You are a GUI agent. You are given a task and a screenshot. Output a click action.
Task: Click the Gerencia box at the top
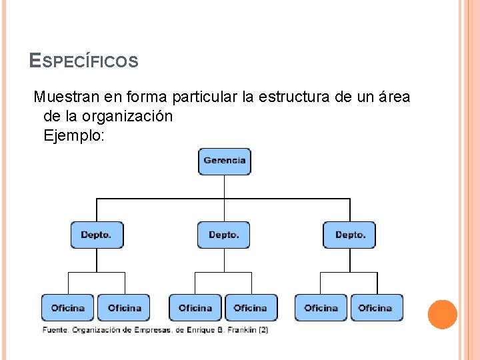click(225, 161)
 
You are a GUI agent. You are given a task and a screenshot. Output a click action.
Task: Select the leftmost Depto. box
click(97, 235)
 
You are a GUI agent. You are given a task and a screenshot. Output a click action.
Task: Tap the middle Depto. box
click(224, 235)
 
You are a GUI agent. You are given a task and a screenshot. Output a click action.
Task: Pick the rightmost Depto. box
click(350, 235)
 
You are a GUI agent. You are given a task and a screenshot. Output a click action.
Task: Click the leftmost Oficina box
click(68, 307)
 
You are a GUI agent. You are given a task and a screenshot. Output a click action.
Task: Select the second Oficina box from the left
click(124, 307)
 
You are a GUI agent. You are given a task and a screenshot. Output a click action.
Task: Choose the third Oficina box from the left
click(195, 307)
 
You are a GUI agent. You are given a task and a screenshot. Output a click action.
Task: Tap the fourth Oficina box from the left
click(251, 307)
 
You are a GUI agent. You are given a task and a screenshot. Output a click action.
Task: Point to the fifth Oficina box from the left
click(321, 307)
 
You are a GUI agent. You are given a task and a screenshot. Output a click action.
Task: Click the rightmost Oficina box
click(376, 307)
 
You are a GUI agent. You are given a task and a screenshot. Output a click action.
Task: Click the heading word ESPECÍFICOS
click(84, 62)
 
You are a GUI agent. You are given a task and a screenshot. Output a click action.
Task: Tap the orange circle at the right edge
click(442, 314)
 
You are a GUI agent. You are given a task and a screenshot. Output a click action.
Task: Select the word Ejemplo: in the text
click(74, 135)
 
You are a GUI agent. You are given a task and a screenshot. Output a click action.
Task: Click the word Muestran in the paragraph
click(65, 97)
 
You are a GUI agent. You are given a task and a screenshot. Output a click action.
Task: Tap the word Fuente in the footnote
click(55, 329)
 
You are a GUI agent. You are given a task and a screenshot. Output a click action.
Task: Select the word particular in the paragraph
click(205, 97)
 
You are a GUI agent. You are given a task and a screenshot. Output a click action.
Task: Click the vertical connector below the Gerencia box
click(225, 186)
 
